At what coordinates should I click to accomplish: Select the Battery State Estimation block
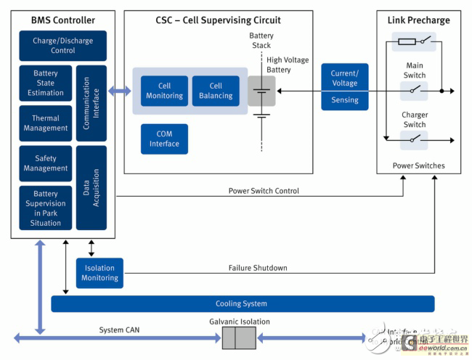coord(45,83)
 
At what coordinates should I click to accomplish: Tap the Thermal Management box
coord(45,123)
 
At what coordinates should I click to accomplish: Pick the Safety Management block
coord(45,163)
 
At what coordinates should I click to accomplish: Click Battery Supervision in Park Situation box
coord(45,208)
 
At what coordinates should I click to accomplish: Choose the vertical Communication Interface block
coord(91,103)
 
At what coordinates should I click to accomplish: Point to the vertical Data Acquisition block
coord(91,187)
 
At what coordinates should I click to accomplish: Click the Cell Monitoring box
coord(164,91)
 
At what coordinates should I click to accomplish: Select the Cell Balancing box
coord(216,91)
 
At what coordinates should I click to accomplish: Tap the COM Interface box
coord(164,139)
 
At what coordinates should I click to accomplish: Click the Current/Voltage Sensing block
coord(345,86)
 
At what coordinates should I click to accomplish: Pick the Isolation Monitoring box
coord(99,273)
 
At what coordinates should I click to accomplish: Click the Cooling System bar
coord(242,303)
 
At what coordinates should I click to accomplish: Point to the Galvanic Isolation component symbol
coord(239,338)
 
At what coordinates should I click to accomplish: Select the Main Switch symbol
coord(414,91)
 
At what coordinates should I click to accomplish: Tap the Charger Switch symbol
coord(414,137)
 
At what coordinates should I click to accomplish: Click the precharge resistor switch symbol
coord(414,41)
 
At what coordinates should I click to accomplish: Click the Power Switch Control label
coord(263,191)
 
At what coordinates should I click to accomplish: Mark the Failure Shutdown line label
coord(258,268)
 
